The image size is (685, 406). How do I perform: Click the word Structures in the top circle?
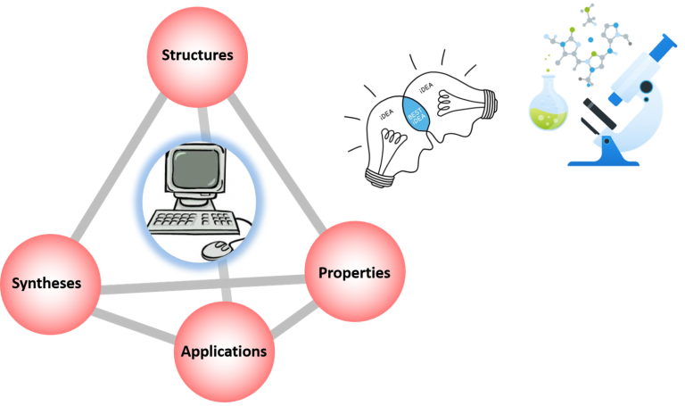(x=197, y=55)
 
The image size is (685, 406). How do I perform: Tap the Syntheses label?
(x=46, y=284)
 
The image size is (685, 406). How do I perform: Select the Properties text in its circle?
(x=354, y=273)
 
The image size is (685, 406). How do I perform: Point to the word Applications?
(x=224, y=351)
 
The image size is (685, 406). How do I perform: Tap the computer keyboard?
(x=188, y=220)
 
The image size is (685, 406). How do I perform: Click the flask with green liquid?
(x=548, y=111)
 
